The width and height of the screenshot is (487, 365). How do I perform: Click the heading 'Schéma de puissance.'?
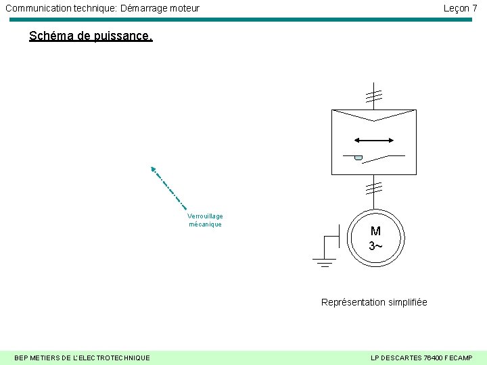[x=91, y=36]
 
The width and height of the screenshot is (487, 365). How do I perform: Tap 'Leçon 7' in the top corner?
[x=460, y=8]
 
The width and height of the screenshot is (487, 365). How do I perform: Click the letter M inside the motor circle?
[x=375, y=231]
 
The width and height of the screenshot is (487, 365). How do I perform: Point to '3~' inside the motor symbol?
[x=375, y=245]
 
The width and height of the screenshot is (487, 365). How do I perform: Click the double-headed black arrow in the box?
[x=374, y=141]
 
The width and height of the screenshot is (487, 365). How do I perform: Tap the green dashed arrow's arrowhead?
[x=153, y=169]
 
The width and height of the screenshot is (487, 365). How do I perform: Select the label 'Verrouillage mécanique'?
[x=205, y=220]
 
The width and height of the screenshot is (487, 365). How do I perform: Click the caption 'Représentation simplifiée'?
[x=374, y=302]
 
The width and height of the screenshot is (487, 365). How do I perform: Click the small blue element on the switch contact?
[x=358, y=158]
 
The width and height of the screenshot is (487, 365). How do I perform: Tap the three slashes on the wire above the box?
[x=373, y=96]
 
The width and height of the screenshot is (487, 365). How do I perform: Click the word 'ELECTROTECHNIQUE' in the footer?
[x=111, y=358]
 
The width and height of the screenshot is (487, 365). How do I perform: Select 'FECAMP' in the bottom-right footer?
[x=457, y=358]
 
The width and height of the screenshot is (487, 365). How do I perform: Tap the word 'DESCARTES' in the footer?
[x=399, y=358]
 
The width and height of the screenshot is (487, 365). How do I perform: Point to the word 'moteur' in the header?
[x=183, y=8]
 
